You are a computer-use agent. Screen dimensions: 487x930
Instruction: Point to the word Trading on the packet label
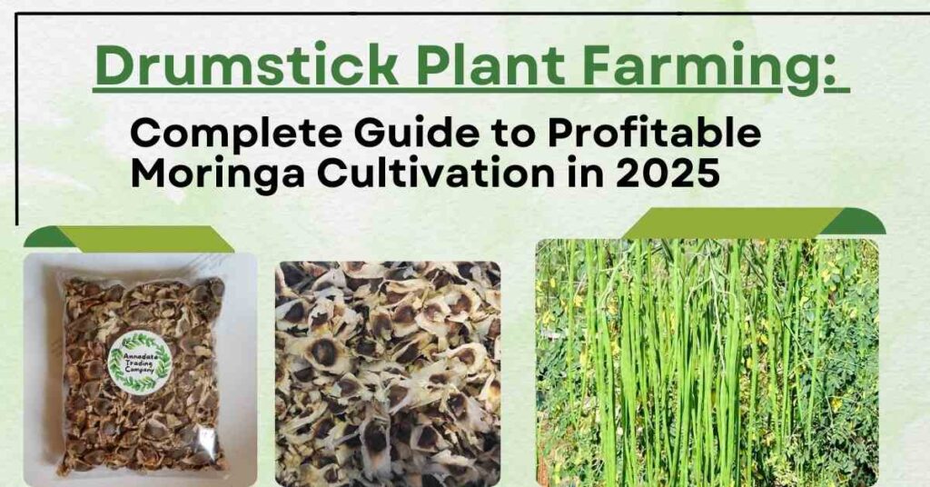[139, 363]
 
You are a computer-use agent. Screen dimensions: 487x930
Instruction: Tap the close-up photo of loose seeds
[388, 373]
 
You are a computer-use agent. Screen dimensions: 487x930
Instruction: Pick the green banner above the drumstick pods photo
[753, 223]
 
